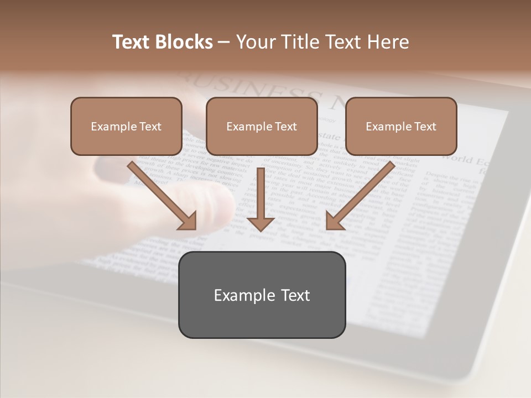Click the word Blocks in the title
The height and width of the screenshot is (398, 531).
point(185,42)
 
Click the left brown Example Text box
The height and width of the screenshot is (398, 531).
point(126,126)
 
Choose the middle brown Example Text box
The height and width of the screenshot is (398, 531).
point(262,126)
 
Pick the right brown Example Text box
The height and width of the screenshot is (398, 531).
point(401,126)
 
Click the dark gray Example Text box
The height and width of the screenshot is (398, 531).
point(262,295)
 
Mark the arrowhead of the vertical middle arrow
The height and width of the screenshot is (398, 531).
point(261,223)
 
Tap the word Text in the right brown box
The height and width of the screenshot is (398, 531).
point(425,127)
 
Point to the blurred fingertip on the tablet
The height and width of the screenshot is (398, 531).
point(221,205)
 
